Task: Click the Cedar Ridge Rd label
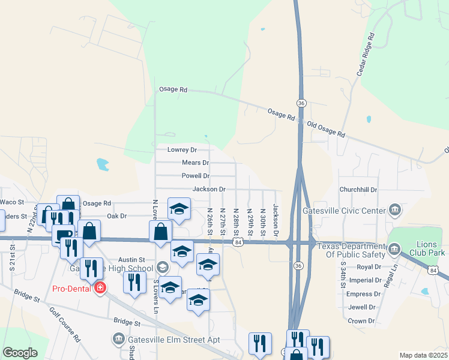pyautogui.click(x=365, y=53)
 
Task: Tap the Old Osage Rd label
pyautogui.click(x=326, y=130)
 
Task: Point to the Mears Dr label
pyautogui.click(x=195, y=163)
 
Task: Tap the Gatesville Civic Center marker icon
pyautogui.click(x=395, y=210)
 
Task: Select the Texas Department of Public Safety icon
pyautogui.click(x=394, y=248)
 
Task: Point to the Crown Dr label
pyautogui.click(x=361, y=321)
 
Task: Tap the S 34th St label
pyautogui.click(x=343, y=275)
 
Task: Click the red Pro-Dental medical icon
pyautogui.click(x=100, y=289)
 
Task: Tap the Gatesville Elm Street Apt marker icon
pyautogui.click(x=117, y=340)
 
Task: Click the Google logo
pyautogui.click(x=20, y=352)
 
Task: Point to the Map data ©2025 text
pyautogui.click(x=423, y=355)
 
